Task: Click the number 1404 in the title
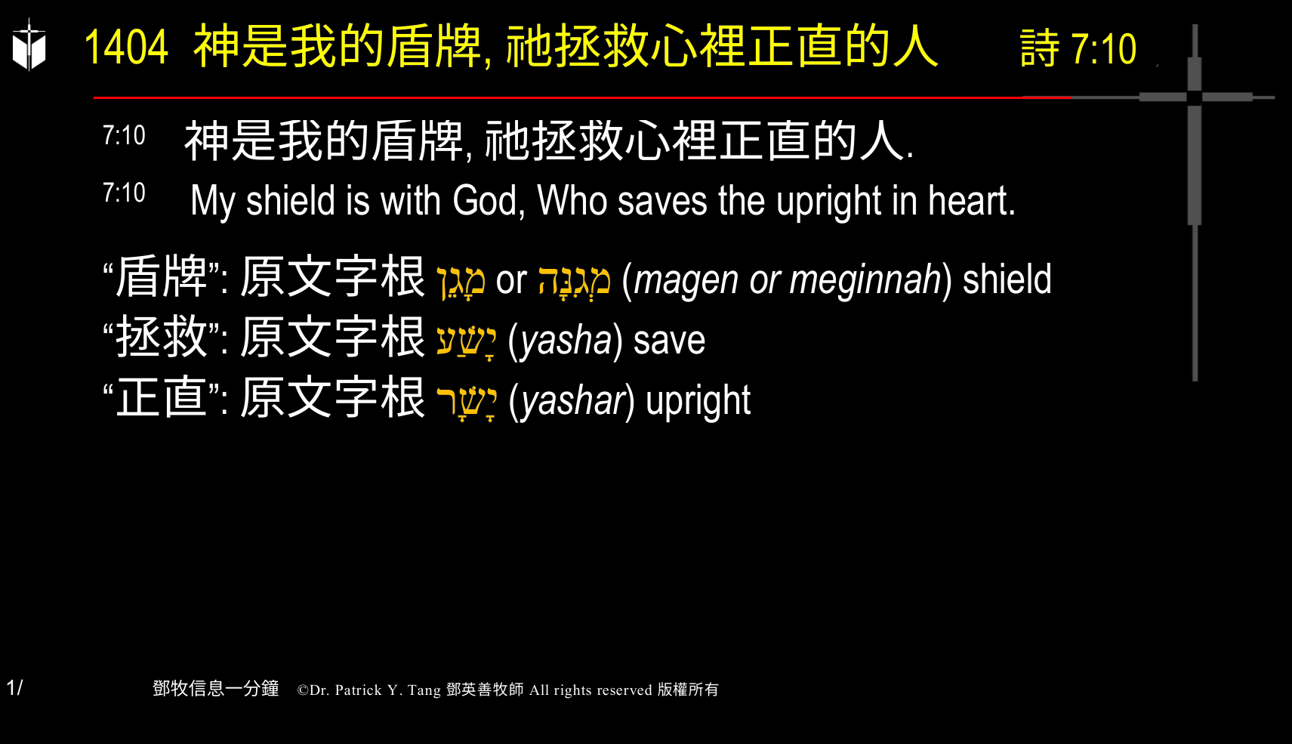[x=126, y=47]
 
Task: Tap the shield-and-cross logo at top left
[x=29, y=45]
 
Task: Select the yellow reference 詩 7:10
[x=1078, y=49]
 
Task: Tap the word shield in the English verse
[x=291, y=201]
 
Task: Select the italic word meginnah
[x=865, y=280]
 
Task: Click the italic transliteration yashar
[x=573, y=401]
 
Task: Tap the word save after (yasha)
[x=669, y=341]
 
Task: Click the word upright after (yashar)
[x=698, y=401]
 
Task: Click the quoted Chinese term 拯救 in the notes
[x=162, y=338]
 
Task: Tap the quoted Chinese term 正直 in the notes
[x=162, y=398]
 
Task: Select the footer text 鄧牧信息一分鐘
[x=216, y=689]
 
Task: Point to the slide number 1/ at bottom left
[x=14, y=688]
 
